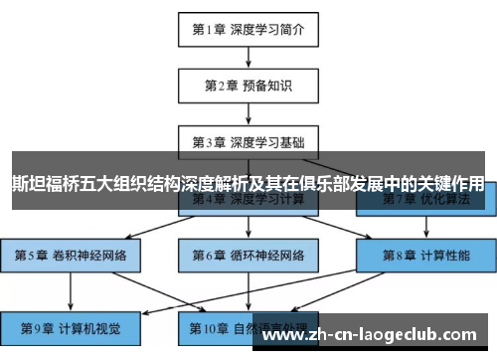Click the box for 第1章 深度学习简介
click(x=248, y=30)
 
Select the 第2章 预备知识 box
click(x=248, y=86)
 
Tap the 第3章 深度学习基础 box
click(x=248, y=141)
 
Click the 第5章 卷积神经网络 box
click(x=71, y=255)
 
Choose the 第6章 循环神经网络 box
click(x=248, y=255)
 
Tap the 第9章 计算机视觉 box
click(x=71, y=326)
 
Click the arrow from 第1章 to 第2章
click(x=248, y=58)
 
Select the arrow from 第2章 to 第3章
click(x=248, y=113)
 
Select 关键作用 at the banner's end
click(x=451, y=184)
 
